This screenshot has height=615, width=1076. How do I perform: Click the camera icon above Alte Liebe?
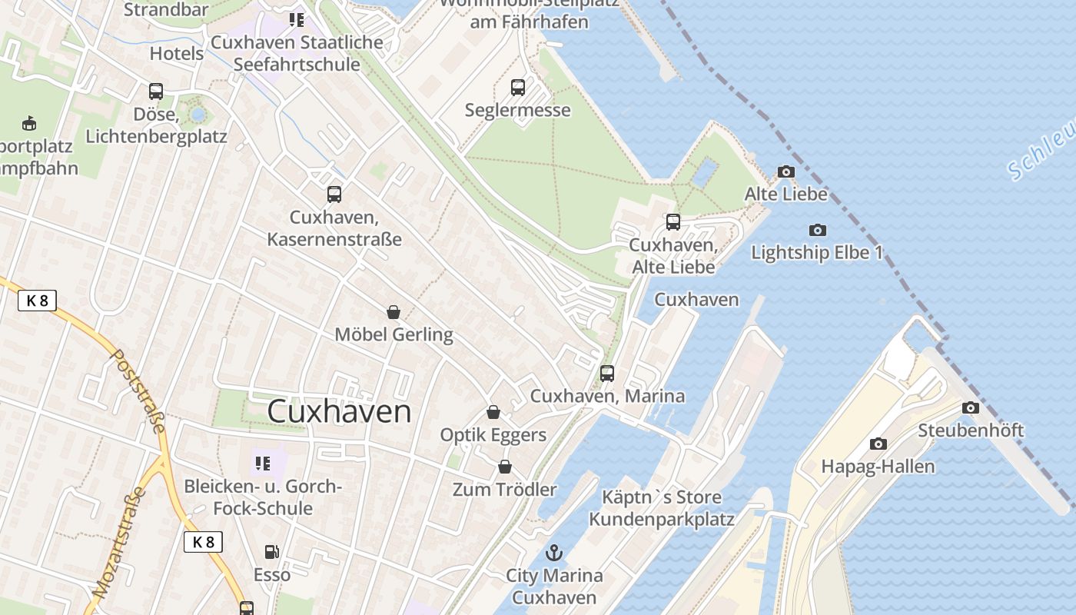(785, 172)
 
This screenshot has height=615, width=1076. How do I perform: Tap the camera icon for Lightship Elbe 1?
(818, 230)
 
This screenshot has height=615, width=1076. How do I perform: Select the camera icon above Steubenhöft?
(971, 407)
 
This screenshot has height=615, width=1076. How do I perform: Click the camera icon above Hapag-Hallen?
(878, 444)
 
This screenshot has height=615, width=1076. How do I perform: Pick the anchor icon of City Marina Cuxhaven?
(553, 552)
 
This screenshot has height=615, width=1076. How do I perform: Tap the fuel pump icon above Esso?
(271, 551)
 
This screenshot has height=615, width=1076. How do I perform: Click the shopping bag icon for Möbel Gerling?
(394, 312)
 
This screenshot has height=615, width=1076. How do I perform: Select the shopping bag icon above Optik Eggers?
(493, 412)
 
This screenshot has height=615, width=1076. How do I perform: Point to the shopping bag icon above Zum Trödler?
(505, 467)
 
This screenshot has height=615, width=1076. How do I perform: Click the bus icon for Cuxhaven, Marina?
(607, 374)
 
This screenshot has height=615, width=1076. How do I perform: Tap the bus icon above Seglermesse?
(518, 88)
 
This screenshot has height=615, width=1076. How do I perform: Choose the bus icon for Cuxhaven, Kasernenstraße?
(334, 194)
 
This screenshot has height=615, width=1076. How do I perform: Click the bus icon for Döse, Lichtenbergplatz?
(156, 91)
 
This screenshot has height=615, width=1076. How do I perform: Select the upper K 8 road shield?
(37, 301)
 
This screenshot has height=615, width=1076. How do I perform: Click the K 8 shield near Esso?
(203, 541)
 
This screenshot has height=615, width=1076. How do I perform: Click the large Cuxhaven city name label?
(339, 411)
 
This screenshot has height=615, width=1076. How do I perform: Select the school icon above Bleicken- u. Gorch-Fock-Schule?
(263, 464)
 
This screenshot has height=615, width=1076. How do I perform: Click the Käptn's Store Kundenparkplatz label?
(662, 508)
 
